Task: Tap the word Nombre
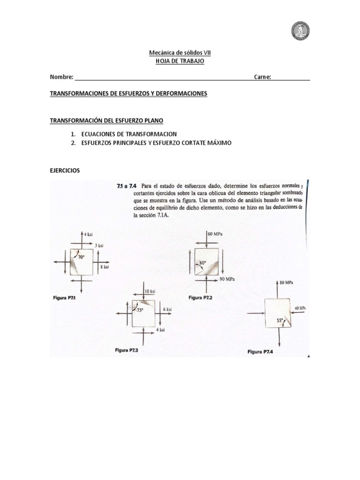point(61,77)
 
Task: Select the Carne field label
point(262,77)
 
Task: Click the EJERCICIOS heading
point(65,171)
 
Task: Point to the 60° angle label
point(203,263)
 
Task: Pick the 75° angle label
point(140,310)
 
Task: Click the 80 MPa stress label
point(286,283)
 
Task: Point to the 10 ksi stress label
point(150,291)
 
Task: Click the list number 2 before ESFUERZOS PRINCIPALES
point(74,143)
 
